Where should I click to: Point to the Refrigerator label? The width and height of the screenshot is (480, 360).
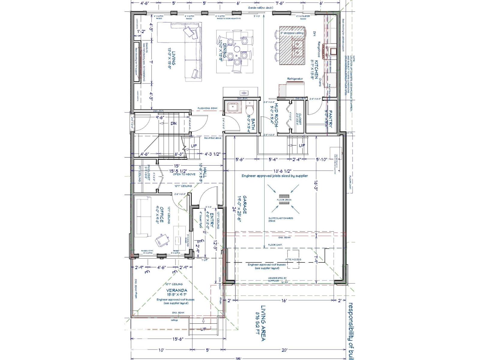(x=295, y=79)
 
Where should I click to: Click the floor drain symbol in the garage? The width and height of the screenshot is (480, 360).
(x=284, y=201)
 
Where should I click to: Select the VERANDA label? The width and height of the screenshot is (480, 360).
(x=177, y=290)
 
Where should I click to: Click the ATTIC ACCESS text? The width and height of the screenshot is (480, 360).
(x=293, y=259)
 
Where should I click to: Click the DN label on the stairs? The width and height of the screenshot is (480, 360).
(x=173, y=123)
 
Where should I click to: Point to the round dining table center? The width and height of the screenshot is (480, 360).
(x=237, y=49)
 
